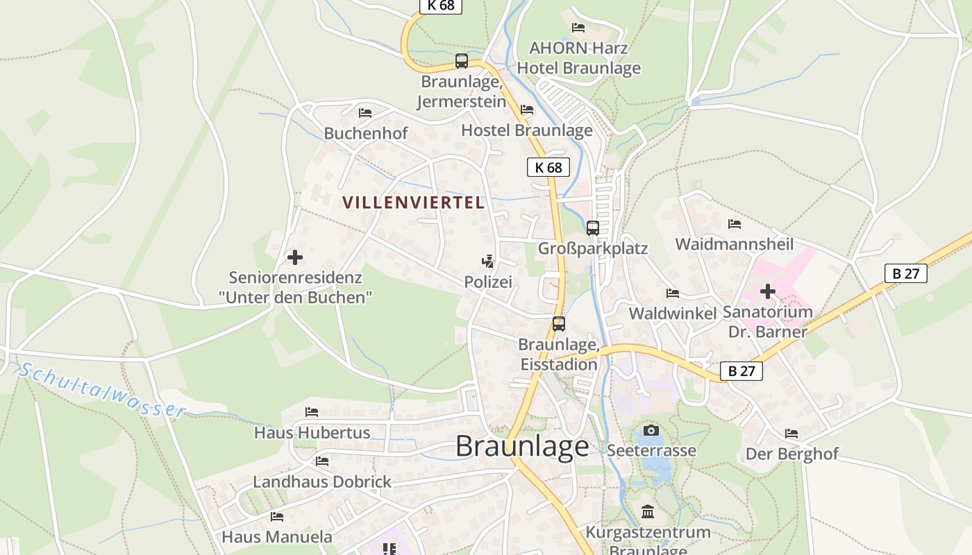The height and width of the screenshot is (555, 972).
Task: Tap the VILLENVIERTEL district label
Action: [x=413, y=203]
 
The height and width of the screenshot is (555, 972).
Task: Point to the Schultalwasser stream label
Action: [x=101, y=391]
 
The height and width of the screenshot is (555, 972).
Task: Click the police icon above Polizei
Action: [x=488, y=262]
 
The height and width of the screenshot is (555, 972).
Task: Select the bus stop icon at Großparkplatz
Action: [x=593, y=228]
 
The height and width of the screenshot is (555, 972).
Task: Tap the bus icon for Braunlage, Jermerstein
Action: [x=462, y=61]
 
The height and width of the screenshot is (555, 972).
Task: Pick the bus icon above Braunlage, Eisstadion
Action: [x=559, y=323]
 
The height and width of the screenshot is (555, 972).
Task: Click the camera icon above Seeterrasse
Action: [x=651, y=431]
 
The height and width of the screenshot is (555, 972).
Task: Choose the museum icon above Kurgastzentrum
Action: [x=648, y=512]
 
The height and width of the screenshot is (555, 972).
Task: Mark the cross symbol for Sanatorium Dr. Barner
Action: [x=767, y=291]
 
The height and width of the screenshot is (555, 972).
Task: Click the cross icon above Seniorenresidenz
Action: [x=295, y=257]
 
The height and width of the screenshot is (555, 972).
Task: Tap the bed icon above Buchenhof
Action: [x=365, y=113]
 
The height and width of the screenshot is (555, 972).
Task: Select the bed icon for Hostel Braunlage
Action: [x=527, y=110]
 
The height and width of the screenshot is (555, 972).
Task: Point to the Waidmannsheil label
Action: [x=735, y=244]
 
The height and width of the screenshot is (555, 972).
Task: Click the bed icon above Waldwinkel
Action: [x=673, y=293]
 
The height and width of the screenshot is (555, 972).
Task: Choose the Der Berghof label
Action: [x=792, y=454]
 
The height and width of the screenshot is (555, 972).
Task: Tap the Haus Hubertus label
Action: [x=312, y=433]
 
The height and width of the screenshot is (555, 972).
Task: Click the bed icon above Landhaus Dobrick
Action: [x=322, y=461]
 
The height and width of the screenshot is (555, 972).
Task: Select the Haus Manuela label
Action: [x=277, y=537]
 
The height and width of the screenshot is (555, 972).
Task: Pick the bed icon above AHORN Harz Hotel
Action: [x=578, y=28]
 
